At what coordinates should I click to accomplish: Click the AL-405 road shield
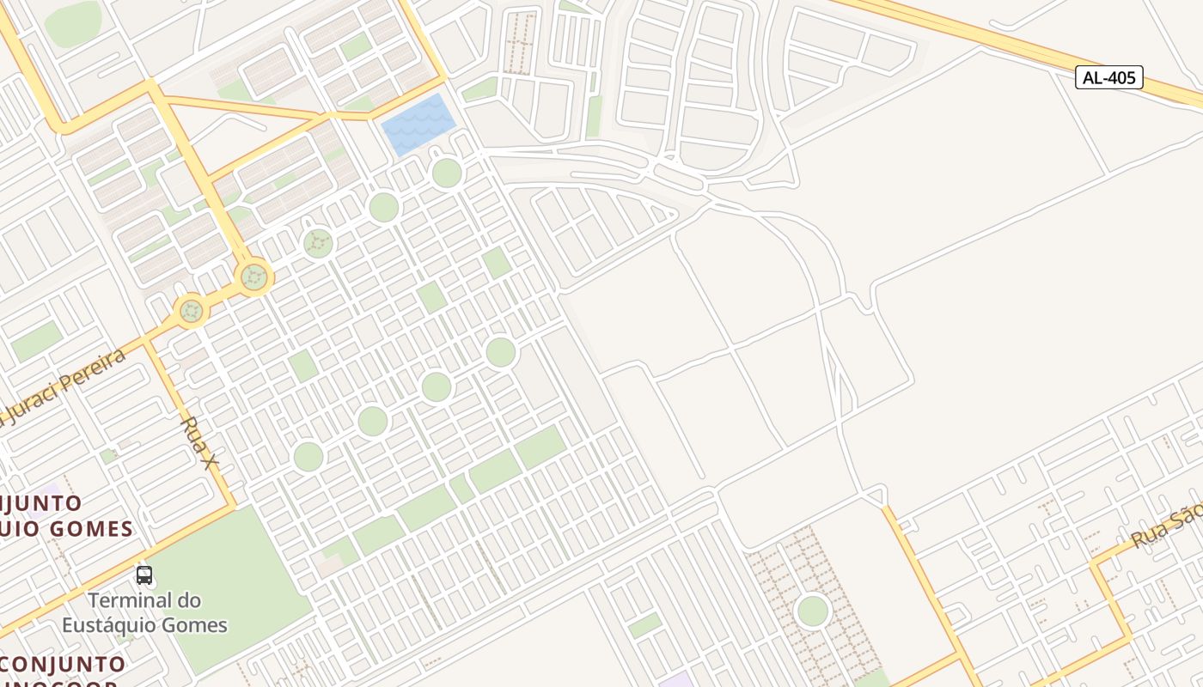click(x=1108, y=77)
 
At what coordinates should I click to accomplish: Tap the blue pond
click(x=418, y=125)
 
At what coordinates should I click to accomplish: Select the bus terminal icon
click(x=144, y=575)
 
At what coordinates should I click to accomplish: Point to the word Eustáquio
click(x=114, y=624)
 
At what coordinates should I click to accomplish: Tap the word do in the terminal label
click(x=190, y=599)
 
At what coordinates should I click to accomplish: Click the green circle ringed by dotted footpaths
click(x=812, y=611)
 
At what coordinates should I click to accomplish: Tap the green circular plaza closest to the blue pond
click(x=447, y=173)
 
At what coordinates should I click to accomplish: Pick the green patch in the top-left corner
click(x=73, y=23)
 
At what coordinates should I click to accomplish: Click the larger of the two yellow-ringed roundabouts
click(x=253, y=277)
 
